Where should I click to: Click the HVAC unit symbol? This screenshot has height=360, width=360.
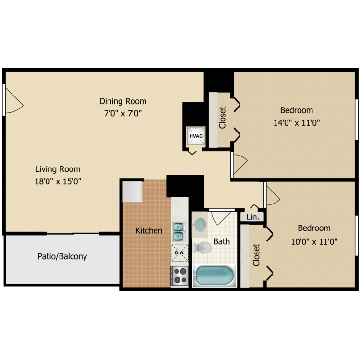point(196,137)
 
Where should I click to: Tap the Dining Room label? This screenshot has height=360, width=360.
point(123,101)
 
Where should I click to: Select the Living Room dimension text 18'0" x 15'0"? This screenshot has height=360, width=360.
point(58,181)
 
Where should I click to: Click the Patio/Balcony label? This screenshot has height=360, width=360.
point(62,256)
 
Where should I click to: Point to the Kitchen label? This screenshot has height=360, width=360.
point(149,231)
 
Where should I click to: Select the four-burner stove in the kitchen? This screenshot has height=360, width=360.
point(180,276)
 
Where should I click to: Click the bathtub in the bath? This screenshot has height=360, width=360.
point(214,276)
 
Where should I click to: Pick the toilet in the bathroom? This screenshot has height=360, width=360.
point(202,248)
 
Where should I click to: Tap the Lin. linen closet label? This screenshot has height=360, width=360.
point(252,217)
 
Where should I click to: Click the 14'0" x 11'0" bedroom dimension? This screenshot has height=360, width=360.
point(296,122)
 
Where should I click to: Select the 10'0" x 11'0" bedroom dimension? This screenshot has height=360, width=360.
point(314,241)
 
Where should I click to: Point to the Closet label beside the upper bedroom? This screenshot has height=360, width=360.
point(223,118)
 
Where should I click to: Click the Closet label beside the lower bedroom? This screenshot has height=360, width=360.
point(256,255)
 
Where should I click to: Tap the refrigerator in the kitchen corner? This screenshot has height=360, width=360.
point(132,192)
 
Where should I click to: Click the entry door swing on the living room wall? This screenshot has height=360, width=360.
point(12,100)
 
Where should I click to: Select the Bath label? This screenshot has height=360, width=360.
point(222,241)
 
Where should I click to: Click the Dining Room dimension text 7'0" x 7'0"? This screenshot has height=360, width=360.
point(123,113)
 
